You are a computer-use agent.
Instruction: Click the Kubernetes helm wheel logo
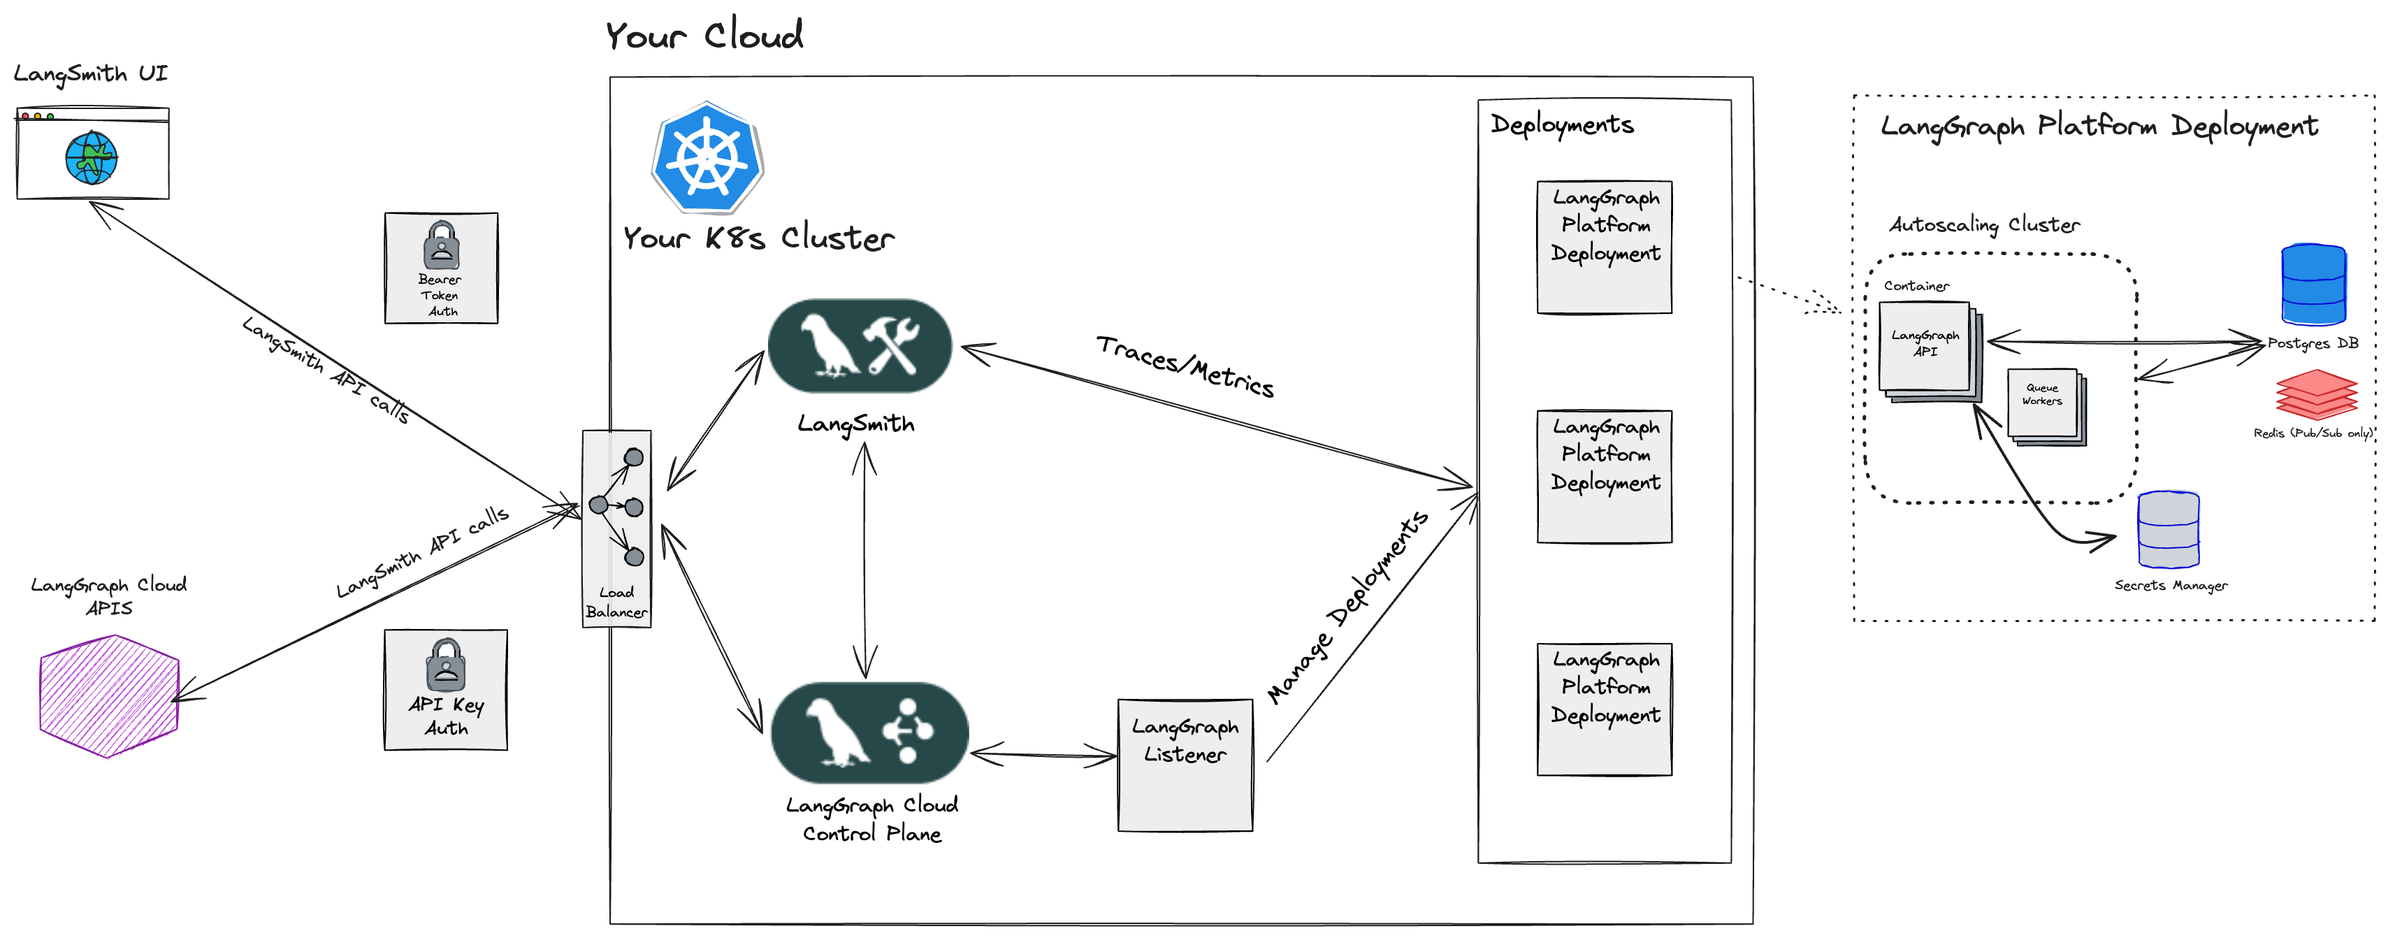tap(707, 157)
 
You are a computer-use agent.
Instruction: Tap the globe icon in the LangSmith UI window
tap(91, 157)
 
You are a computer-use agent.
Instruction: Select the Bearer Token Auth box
tap(441, 268)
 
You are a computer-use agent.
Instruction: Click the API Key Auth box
tap(446, 690)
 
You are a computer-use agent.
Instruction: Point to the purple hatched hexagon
tap(108, 696)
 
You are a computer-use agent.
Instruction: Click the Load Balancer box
tap(616, 528)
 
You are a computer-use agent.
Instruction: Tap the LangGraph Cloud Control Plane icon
tap(869, 733)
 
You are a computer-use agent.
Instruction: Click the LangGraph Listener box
tap(1185, 765)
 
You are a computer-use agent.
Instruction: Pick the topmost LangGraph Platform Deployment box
tap(1604, 247)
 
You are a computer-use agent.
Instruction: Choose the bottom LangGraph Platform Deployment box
tap(1604, 709)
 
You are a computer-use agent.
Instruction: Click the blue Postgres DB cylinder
tap(2313, 284)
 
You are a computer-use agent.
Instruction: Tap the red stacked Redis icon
tap(2316, 395)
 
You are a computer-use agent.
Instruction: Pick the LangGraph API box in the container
tap(1925, 346)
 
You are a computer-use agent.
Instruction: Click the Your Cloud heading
tap(704, 35)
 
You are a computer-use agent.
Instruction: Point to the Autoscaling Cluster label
tap(1984, 224)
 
